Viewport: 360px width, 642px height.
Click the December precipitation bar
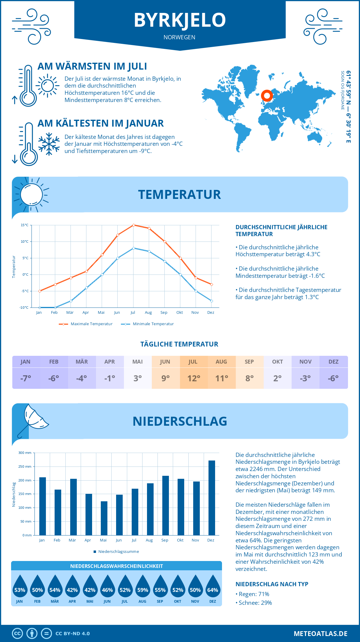[x=212, y=498]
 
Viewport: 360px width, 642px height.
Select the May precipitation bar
[x=104, y=518]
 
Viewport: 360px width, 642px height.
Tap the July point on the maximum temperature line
[x=133, y=225]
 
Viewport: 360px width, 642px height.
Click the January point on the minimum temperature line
[x=40, y=307]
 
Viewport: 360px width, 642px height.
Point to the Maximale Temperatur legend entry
[x=86, y=324]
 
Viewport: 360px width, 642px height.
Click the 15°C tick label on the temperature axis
[x=25, y=225]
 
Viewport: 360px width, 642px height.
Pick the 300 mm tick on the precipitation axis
[x=25, y=453]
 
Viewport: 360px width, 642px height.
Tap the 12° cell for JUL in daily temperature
[x=193, y=378]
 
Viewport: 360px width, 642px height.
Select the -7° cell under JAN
[x=26, y=378]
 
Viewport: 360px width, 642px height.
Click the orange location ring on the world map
[x=267, y=96]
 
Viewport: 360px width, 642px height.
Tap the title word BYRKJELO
[x=180, y=20]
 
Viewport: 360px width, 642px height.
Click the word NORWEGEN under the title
[x=179, y=37]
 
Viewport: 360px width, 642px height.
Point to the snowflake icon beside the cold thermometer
[x=49, y=144]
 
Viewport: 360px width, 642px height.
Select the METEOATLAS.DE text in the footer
[x=320, y=634]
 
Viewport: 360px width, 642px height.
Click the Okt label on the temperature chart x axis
[x=179, y=313]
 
